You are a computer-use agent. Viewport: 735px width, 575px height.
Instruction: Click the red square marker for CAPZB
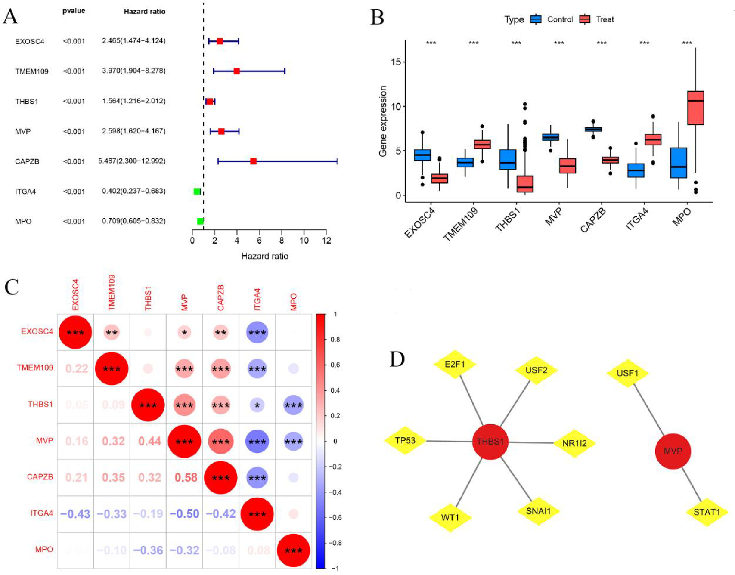coord(253,161)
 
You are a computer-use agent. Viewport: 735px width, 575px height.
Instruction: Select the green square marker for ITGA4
coord(197,191)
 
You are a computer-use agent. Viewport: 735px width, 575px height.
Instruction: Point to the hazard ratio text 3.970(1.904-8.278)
coord(133,71)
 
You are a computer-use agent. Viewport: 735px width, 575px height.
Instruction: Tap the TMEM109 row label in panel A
coord(32,71)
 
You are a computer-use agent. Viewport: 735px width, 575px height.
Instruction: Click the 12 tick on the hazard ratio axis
coord(326,241)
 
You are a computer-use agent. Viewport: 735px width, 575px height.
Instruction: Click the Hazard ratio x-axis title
coord(264,256)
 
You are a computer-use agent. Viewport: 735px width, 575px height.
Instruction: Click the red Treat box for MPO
coord(695,108)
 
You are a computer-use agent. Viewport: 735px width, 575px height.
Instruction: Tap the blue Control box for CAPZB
coord(593,129)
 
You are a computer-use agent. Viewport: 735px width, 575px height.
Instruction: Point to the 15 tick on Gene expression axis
coord(396,62)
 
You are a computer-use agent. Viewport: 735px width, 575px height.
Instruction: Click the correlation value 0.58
coord(186,477)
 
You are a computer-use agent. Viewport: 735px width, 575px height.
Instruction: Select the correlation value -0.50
coord(184,513)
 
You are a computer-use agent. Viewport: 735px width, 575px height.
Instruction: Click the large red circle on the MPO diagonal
coord(293,550)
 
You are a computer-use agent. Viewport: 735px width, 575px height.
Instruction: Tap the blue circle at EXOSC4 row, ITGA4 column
coord(257,332)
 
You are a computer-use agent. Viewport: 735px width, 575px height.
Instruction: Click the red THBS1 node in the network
coord(490,442)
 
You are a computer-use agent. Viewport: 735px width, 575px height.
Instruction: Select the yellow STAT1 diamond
coord(706,512)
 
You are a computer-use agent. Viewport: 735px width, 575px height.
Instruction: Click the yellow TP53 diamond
coord(405,440)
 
